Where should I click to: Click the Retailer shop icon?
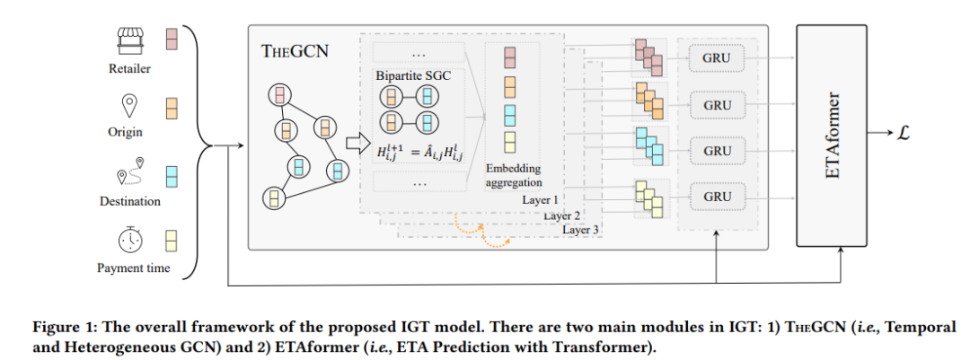tap(131, 40)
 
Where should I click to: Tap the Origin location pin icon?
tap(131, 106)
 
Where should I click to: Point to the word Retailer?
tap(131, 68)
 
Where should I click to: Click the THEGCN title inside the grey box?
tap(295, 50)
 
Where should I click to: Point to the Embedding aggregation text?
tap(513, 175)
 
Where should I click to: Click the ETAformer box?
tap(833, 133)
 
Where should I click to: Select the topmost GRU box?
tap(717, 59)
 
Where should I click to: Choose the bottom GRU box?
tap(717, 195)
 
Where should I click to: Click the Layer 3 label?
tap(582, 230)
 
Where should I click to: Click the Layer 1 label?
tap(541, 200)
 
